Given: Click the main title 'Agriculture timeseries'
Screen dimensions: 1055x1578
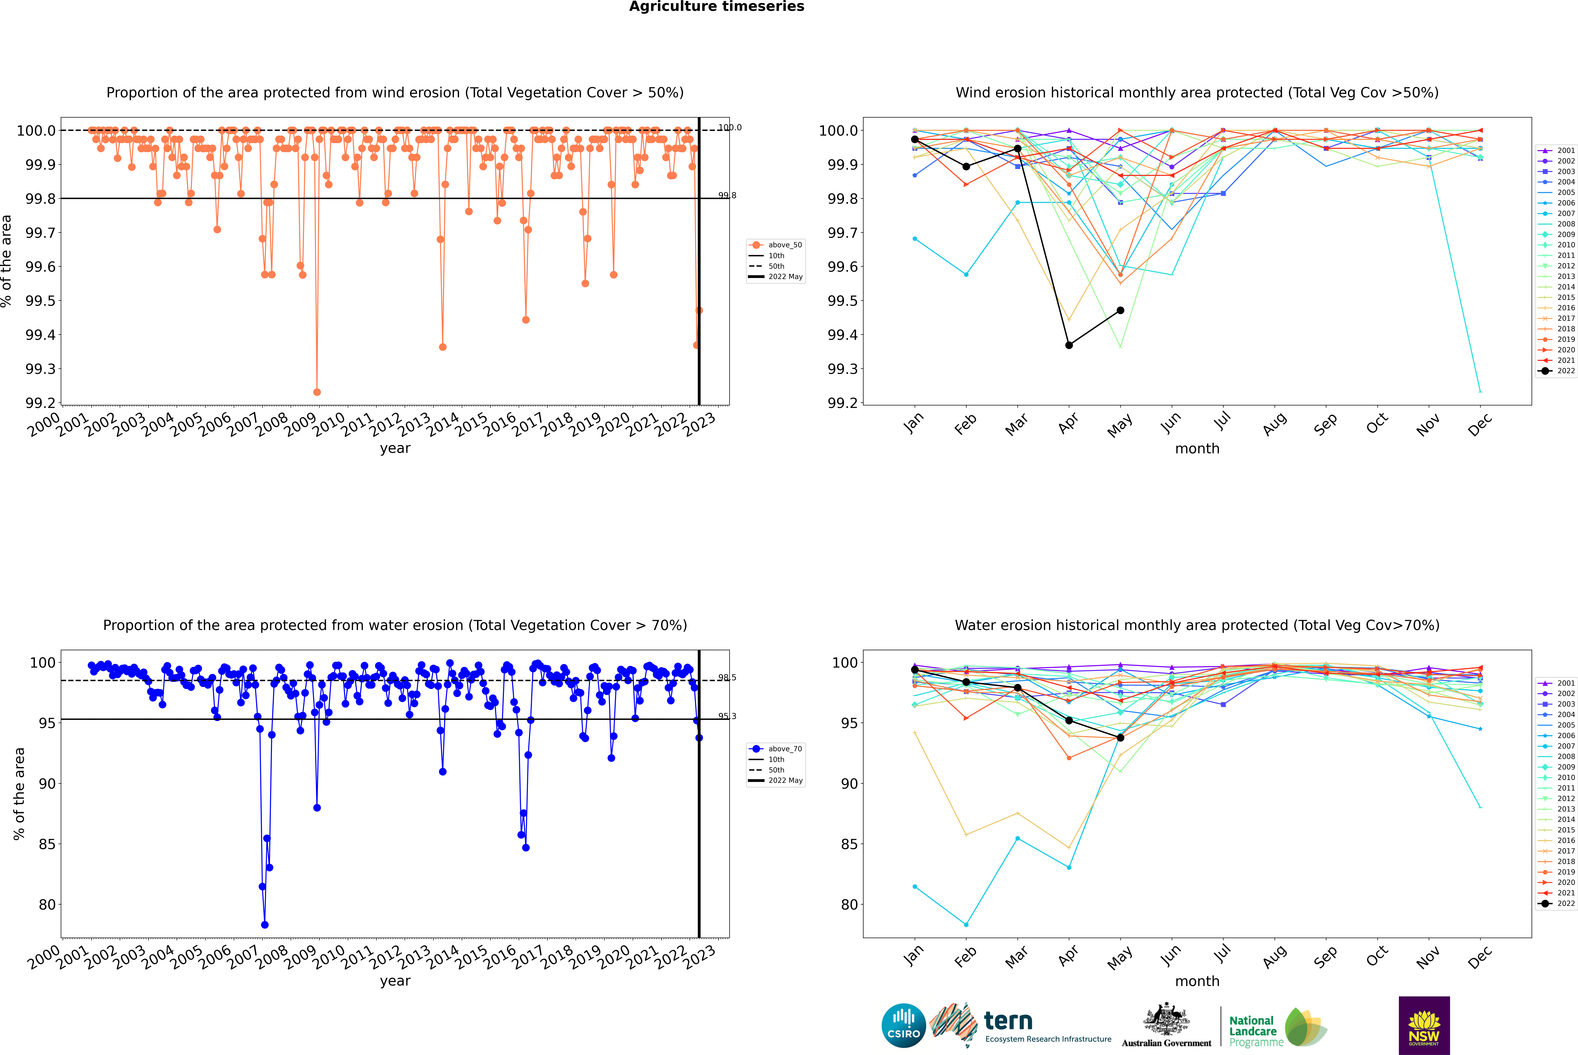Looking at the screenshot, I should coord(716,7).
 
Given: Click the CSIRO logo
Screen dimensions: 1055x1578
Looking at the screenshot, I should coord(903,1025).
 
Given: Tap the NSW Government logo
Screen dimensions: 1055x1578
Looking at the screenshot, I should coord(1424,1025).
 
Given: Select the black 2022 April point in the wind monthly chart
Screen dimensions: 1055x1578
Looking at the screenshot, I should coord(1069,345).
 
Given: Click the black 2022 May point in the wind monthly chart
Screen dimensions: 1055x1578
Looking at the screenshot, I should coord(1120,310).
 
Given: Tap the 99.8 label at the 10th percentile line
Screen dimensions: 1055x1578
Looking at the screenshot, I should coord(727,196).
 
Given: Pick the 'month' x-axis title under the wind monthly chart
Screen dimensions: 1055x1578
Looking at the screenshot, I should coord(1197,449).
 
